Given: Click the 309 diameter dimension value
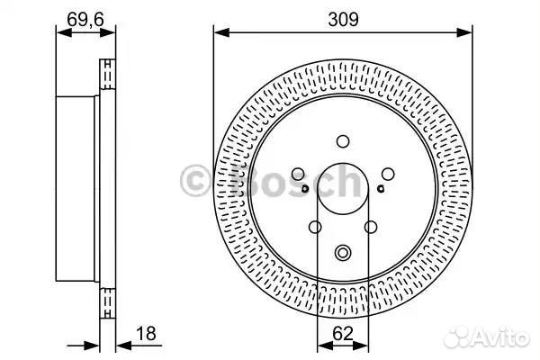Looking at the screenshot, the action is tap(343, 19).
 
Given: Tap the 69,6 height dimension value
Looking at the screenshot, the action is tap(85, 19).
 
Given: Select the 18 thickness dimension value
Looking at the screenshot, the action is tap(146, 334).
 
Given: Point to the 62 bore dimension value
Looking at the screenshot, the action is tap(343, 334).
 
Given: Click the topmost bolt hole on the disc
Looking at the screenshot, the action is tap(343, 141).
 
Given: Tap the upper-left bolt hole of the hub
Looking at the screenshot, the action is tap(298, 174).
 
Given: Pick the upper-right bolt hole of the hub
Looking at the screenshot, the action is tap(388, 174).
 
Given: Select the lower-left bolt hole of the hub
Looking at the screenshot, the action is tap(315, 227).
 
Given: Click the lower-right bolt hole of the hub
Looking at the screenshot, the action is tap(371, 227).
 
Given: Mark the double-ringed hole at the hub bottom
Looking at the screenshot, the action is tap(343, 253).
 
